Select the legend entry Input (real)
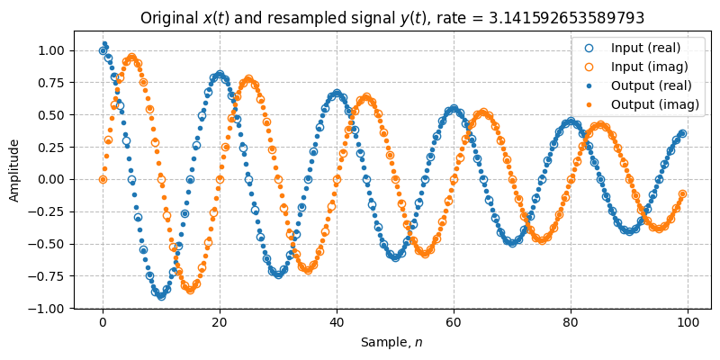(645, 47)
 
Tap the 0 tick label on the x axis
(103, 322)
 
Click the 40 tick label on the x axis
(337, 322)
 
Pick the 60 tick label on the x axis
(454, 322)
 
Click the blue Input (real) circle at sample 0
(103, 50)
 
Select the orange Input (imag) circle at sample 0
(103, 179)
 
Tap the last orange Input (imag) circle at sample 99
(682, 193)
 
